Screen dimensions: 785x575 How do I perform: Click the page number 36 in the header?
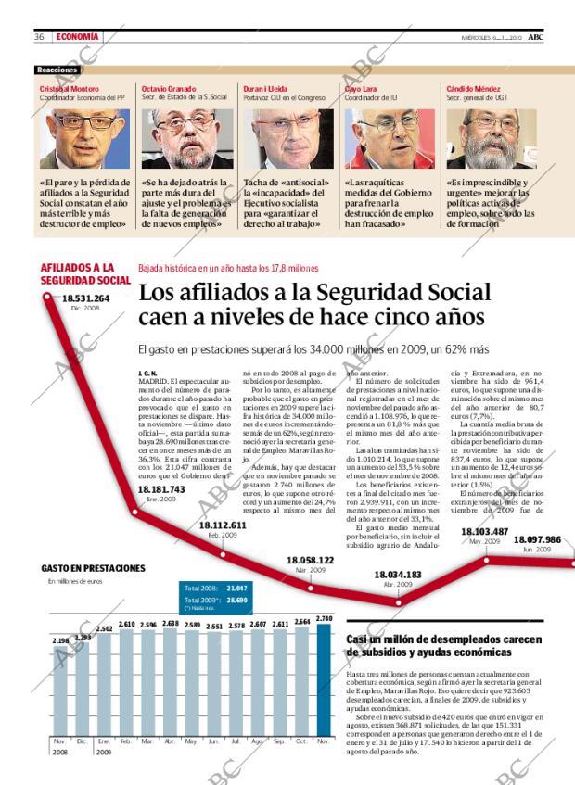pyautogui.click(x=40, y=37)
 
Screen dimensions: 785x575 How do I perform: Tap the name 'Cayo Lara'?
pyautogui.click(x=362, y=88)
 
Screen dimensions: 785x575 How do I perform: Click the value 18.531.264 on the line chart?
pyautogui.click(x=85, y=298)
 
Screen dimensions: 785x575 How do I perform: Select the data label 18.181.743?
pyautogui.click(x=160, y=489)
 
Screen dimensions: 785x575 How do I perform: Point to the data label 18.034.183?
pyautogui.click(x=398, y=576)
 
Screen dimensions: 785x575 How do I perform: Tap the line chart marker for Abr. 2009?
pyautogui.click(x=398, y=601)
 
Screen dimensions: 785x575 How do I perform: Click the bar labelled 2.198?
pyautogui.click(x=60, y=687)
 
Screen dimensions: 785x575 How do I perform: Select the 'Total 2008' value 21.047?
pyautogui.click(x=236, y=589)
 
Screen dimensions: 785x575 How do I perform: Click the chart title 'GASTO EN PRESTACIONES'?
pyautogui.click(x=93, y=567)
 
